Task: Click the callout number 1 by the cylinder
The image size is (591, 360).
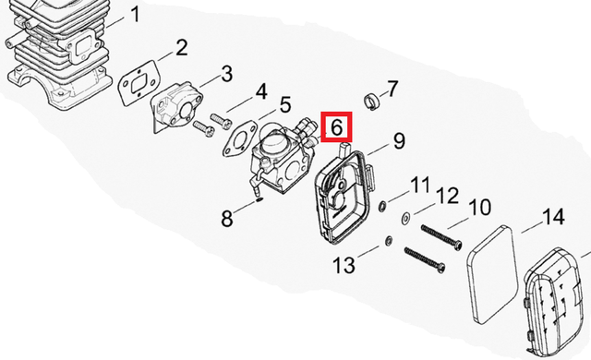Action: pos(136,15)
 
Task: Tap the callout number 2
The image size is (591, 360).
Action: pos(181,48)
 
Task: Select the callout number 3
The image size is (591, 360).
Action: pos(226,74)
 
